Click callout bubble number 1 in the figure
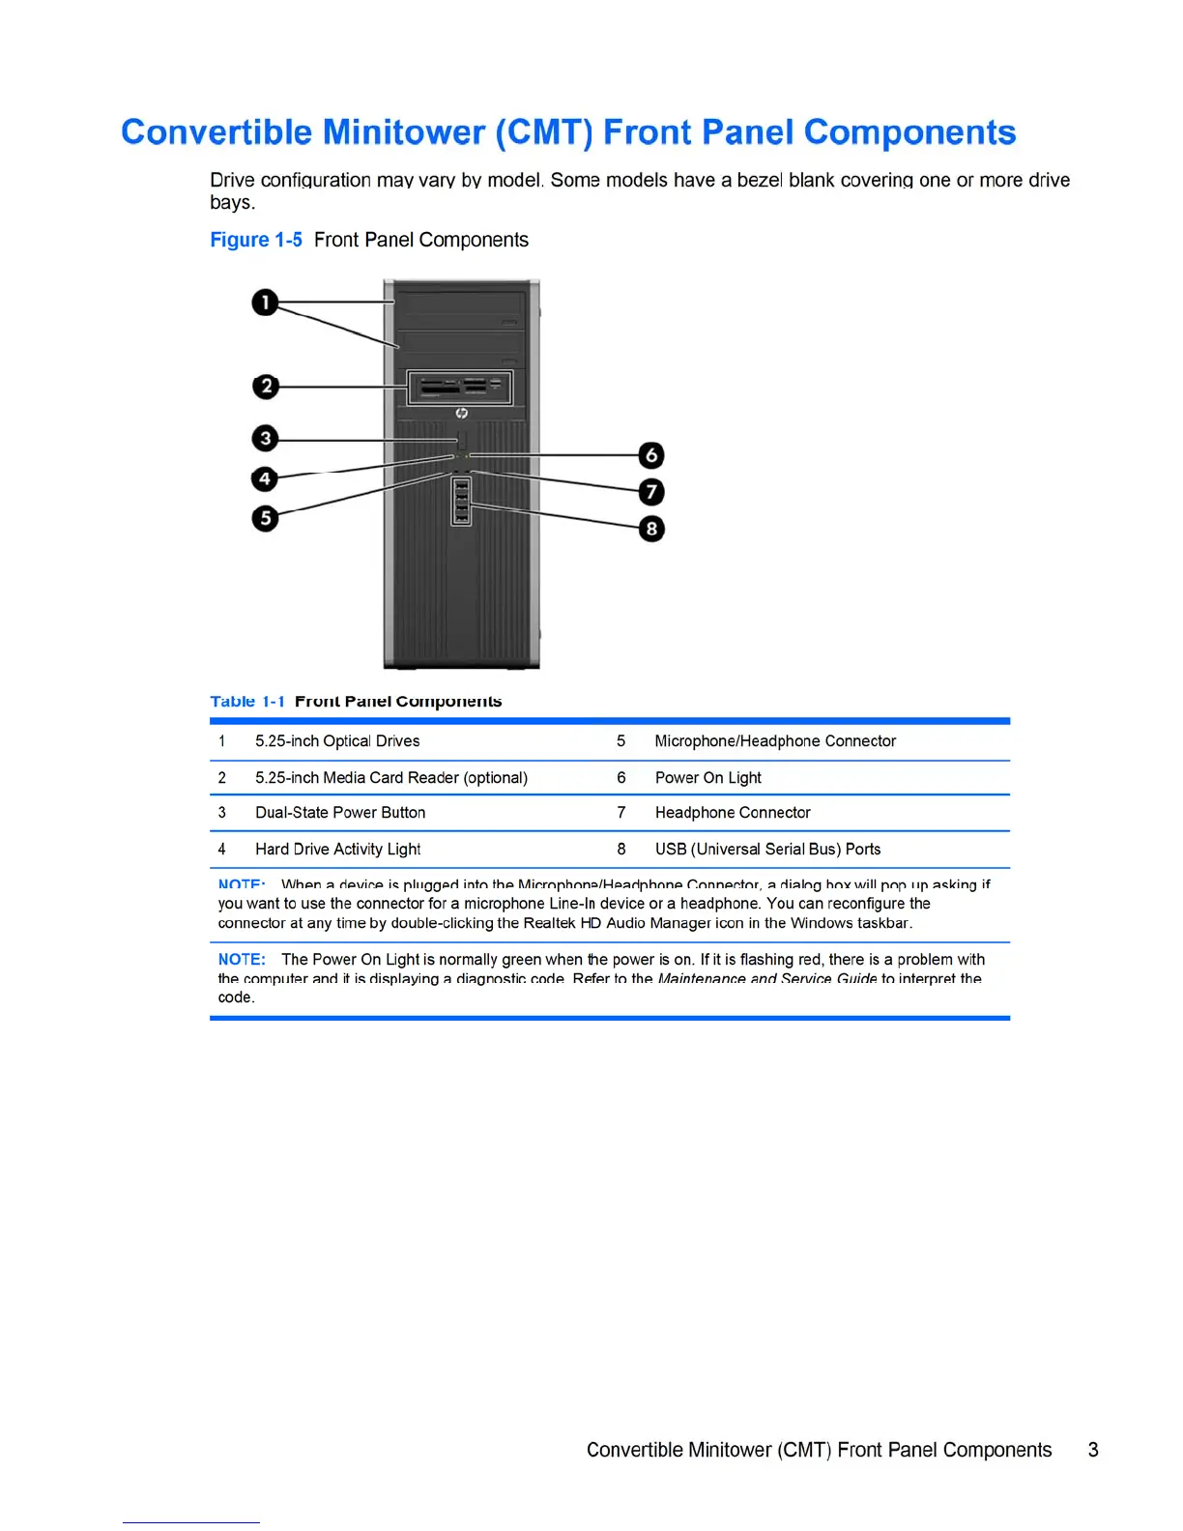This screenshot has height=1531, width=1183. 265,303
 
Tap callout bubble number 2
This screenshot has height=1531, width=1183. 266,387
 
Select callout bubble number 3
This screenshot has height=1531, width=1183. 265,438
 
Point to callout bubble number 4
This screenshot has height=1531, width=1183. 265,478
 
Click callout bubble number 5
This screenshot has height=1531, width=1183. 265,518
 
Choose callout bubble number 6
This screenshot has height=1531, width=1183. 651,454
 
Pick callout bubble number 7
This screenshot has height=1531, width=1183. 651,492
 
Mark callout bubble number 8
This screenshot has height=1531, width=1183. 651,529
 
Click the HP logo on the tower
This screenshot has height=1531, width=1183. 461,413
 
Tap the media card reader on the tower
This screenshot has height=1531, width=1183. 460,388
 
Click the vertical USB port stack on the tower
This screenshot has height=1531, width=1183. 462,502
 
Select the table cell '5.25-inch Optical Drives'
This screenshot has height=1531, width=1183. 337,741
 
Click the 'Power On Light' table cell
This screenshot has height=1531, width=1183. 707,778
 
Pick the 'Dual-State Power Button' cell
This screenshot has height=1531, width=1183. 340,813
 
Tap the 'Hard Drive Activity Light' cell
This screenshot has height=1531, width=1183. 337,850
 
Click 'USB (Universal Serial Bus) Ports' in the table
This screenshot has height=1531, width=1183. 767,850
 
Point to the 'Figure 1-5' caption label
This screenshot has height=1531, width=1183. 256,240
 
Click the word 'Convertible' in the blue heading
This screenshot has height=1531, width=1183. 216,132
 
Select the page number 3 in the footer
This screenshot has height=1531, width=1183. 1093,1450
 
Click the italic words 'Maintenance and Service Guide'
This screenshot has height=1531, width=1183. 767,978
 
